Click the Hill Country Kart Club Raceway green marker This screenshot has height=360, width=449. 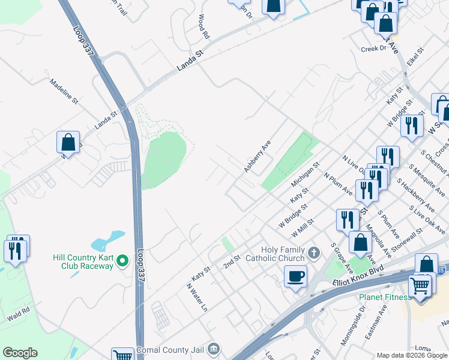pyautogui.click(x=122, y=260)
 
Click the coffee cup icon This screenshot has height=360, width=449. pyautogui.click(x=295, y=277)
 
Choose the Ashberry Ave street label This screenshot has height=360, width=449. pyautogui.click(x=258, y=157)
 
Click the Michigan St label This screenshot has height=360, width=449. pyautogui.click(x=306, y=173)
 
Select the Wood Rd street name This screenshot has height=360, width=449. pyautogui.click(x=203, y=27)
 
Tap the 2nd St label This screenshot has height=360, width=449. pyautogui.click(x=232, y=262)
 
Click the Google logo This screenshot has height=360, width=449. pyautogui.click(x=20, y=353)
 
